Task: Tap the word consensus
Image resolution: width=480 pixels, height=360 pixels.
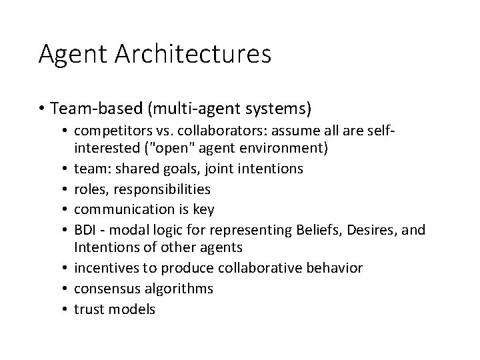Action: (105, 288)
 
